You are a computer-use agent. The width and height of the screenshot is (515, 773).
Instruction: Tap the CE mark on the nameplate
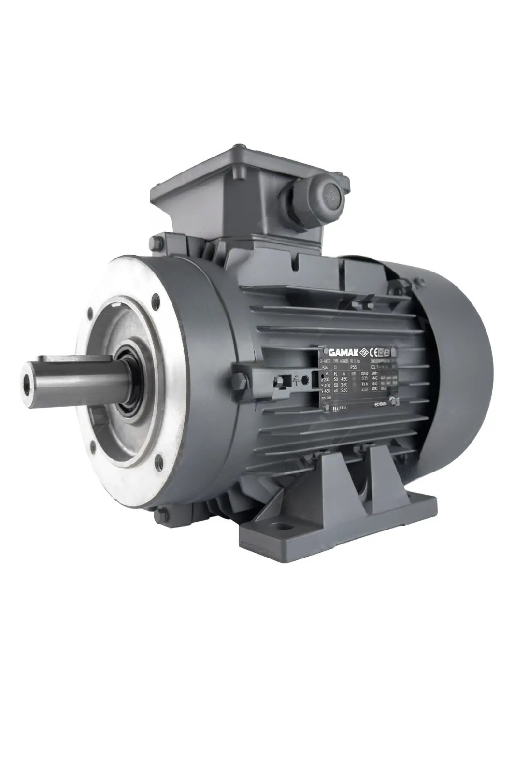(372, 351)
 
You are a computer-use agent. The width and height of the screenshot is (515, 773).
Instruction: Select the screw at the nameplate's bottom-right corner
(393, 400)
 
